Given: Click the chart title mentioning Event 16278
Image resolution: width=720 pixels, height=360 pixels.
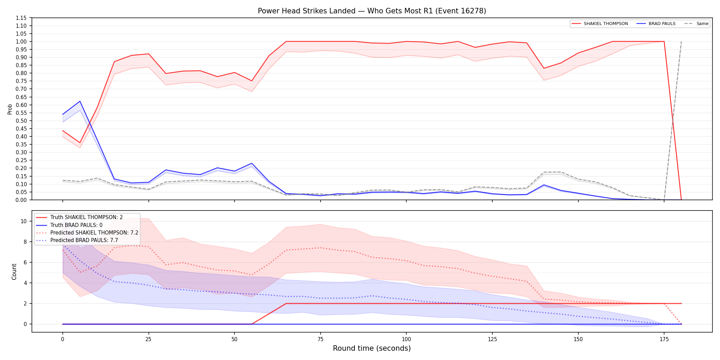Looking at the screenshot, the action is [372, 11].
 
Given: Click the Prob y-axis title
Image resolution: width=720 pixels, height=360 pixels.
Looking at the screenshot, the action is [10, 109].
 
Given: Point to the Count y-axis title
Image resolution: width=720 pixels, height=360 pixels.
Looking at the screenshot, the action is [14, 272].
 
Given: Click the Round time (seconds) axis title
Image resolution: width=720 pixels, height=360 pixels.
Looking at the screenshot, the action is [372, 348].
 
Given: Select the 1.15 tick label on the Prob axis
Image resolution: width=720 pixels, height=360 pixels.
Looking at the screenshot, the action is [21, 18].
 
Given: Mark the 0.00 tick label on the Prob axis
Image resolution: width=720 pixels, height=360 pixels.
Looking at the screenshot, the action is [21, 200].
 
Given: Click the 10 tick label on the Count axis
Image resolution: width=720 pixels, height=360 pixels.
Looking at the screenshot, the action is [23, 221].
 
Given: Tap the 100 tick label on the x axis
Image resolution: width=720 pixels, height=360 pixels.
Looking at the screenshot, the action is [406, 339].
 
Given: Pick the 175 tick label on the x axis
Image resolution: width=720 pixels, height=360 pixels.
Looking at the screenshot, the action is [664, 339].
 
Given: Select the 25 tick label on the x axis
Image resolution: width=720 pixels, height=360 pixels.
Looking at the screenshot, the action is [148, 339].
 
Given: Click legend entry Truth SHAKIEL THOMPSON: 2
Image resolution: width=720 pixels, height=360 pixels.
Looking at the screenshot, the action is [86, 217].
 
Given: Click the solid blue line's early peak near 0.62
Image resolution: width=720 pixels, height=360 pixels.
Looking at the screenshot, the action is [80, 101].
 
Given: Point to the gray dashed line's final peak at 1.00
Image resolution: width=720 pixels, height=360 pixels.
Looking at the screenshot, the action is [681, 41].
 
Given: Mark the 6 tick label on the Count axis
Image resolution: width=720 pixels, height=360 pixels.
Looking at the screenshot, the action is [25, 262].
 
